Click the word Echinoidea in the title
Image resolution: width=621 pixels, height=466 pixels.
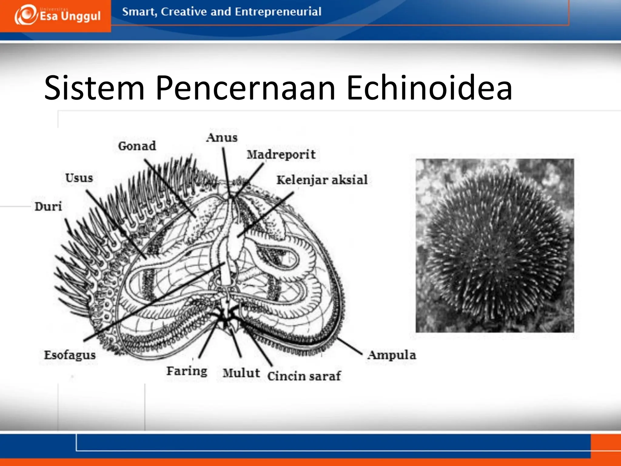coord(429,88)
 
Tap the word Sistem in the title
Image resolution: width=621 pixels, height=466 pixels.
coord(94,88)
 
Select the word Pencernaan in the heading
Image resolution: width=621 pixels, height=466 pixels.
coord(245,88)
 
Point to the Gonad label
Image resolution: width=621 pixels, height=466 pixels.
coord(137,146)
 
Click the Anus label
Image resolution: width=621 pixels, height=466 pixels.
coord(222,138)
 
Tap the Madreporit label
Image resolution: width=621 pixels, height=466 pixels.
coord(281,155)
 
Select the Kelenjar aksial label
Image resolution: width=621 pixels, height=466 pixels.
coord(322,180)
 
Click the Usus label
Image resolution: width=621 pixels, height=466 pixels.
coord(79,178)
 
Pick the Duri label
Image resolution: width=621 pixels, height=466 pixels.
coord(48,207)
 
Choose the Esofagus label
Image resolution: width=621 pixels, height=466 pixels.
coord(70,355)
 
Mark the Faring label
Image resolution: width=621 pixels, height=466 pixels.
coord(187,371)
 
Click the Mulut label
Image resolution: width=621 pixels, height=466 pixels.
coord(241,373)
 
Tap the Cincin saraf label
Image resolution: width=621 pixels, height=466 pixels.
coord(304,376)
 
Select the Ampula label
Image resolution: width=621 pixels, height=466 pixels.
coord(392,355)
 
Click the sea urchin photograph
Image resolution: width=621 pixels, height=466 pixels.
coord(495,245)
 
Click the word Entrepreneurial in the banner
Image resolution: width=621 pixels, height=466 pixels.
coord(278,12)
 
